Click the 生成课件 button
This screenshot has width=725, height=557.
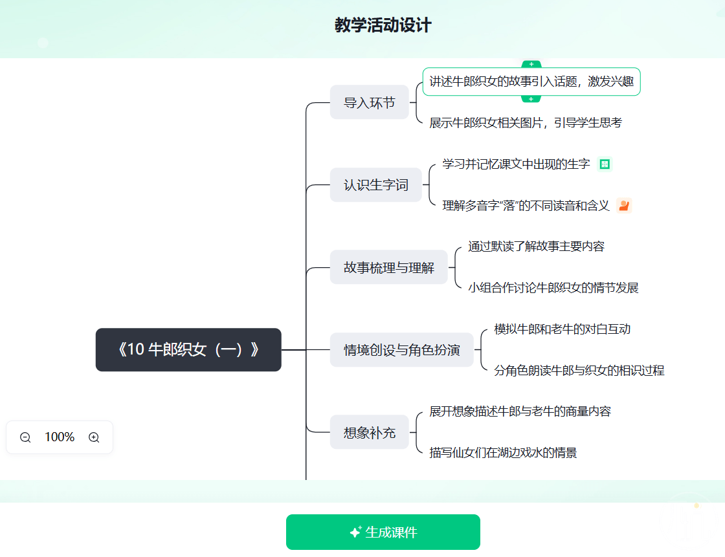click(x=383, y=532)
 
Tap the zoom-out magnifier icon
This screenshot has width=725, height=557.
click(x=25, y=437)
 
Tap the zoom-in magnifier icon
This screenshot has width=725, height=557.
click(x=94, y=437)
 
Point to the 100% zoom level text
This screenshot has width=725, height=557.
click(x=60, y=437)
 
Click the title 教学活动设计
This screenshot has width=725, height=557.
click(x=383, y=25)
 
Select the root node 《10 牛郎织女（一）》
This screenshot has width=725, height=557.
click(x=188, y=349)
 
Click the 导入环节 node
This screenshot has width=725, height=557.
click(x=370, y=102)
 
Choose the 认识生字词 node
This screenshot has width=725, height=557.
click(x=376, y=185)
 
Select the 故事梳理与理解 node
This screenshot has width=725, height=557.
click(x=389, y=267)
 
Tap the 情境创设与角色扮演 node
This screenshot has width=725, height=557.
click(x=402, y=350)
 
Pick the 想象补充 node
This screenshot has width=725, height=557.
click(x=370, y=432)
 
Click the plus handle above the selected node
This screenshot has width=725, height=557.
click(x=531, y=64)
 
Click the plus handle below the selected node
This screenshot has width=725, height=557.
click(x=531, y=99)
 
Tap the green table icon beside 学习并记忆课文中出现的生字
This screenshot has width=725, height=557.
click(x=605, y=164)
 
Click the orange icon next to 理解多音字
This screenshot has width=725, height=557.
click(x=624, y=205)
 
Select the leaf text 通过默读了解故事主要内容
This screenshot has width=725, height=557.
click(x=537, y=246)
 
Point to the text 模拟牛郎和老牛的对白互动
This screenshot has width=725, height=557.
click(x=563, y=329)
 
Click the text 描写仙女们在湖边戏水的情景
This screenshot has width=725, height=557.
click(x=503, y=453)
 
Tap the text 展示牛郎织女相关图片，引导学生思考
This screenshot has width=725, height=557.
click(x=526, y=122)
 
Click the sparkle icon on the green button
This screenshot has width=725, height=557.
click(x=355, y=532)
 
